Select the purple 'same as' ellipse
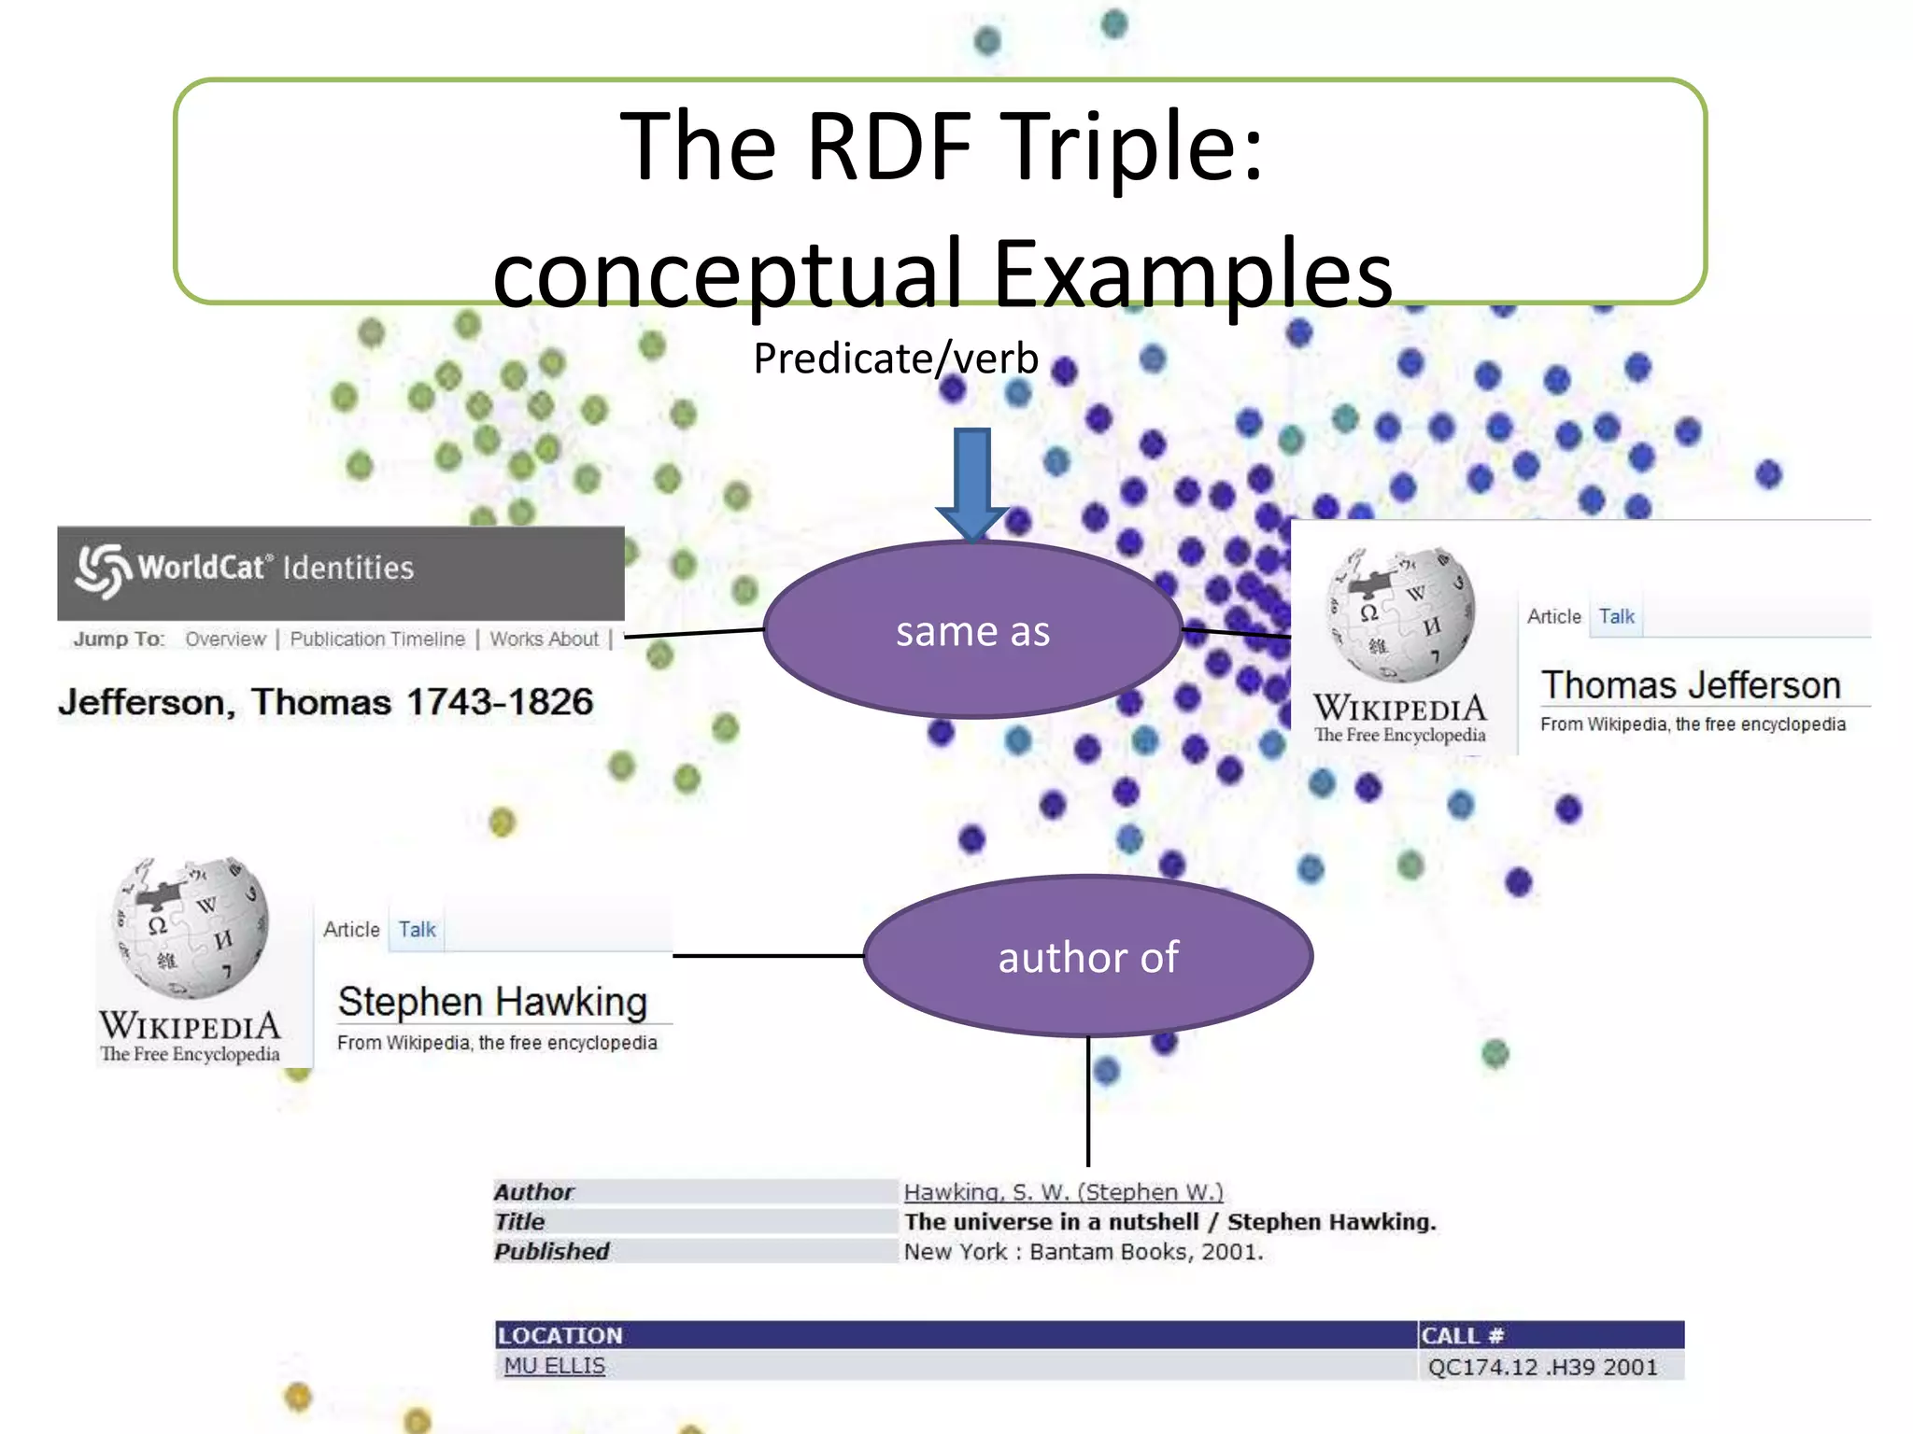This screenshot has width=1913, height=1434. pos(972,631)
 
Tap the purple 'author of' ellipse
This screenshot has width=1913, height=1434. pos(1088,957)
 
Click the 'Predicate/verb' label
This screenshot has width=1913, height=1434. pos(896,358)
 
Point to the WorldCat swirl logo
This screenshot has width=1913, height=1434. pos(102,569)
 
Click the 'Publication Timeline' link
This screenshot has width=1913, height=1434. pos(377,640)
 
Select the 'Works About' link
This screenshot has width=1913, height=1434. pos(544,640)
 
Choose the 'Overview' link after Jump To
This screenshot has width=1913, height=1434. pos(225,640)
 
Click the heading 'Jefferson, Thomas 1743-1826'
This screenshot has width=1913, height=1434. pos(326,702)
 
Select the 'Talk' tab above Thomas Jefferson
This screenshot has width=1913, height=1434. pos(1616,617)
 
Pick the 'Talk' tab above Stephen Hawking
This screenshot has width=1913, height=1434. pos(417,930)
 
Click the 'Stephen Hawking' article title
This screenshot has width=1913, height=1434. pos(492,1002)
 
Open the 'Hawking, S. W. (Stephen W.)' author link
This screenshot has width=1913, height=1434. pos(1063,1192)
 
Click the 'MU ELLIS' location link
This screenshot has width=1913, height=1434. pos(555,1366)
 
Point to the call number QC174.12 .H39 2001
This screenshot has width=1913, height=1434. pos(1542,1368)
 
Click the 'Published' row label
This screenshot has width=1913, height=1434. pos(552,1252)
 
